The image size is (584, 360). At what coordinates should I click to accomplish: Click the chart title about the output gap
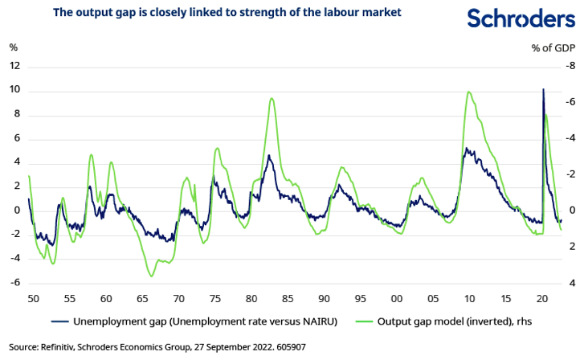point(227,13)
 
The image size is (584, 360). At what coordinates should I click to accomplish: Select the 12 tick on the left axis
point(14,66)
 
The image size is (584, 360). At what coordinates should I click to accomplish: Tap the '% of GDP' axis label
point(553,47)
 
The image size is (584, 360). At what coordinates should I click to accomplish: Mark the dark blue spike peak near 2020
point(544,89)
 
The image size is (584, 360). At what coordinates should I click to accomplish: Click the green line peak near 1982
point(272,98)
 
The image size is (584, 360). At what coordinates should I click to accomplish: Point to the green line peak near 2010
point(468,92)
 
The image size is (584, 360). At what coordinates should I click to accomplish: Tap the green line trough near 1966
point(152,276)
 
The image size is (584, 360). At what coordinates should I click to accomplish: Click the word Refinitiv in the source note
point(60,347)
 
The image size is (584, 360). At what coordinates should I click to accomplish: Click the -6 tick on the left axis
point(14,283)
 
